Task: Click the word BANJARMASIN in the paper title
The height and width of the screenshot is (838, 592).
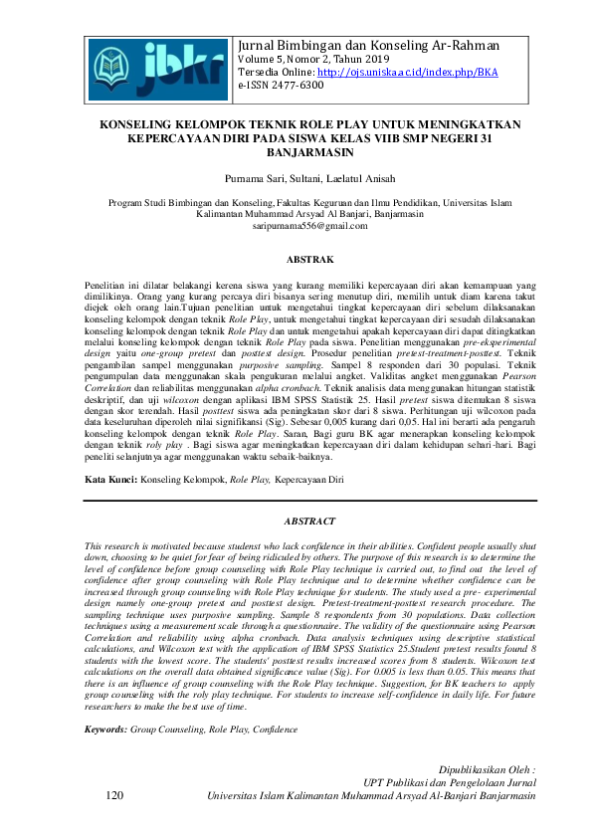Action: pyautogui.click(x=296, y=156)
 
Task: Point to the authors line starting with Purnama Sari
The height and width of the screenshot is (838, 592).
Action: pyautogui.click(x=296, y=179)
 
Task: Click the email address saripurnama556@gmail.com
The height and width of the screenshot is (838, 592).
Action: pyautogui.click(x=296, y=227)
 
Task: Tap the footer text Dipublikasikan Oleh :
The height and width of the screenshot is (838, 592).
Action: pyautogui.click(x=493, y=769)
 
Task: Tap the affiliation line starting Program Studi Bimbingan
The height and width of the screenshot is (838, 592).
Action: pyautogui.click(x=296, y=201)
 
